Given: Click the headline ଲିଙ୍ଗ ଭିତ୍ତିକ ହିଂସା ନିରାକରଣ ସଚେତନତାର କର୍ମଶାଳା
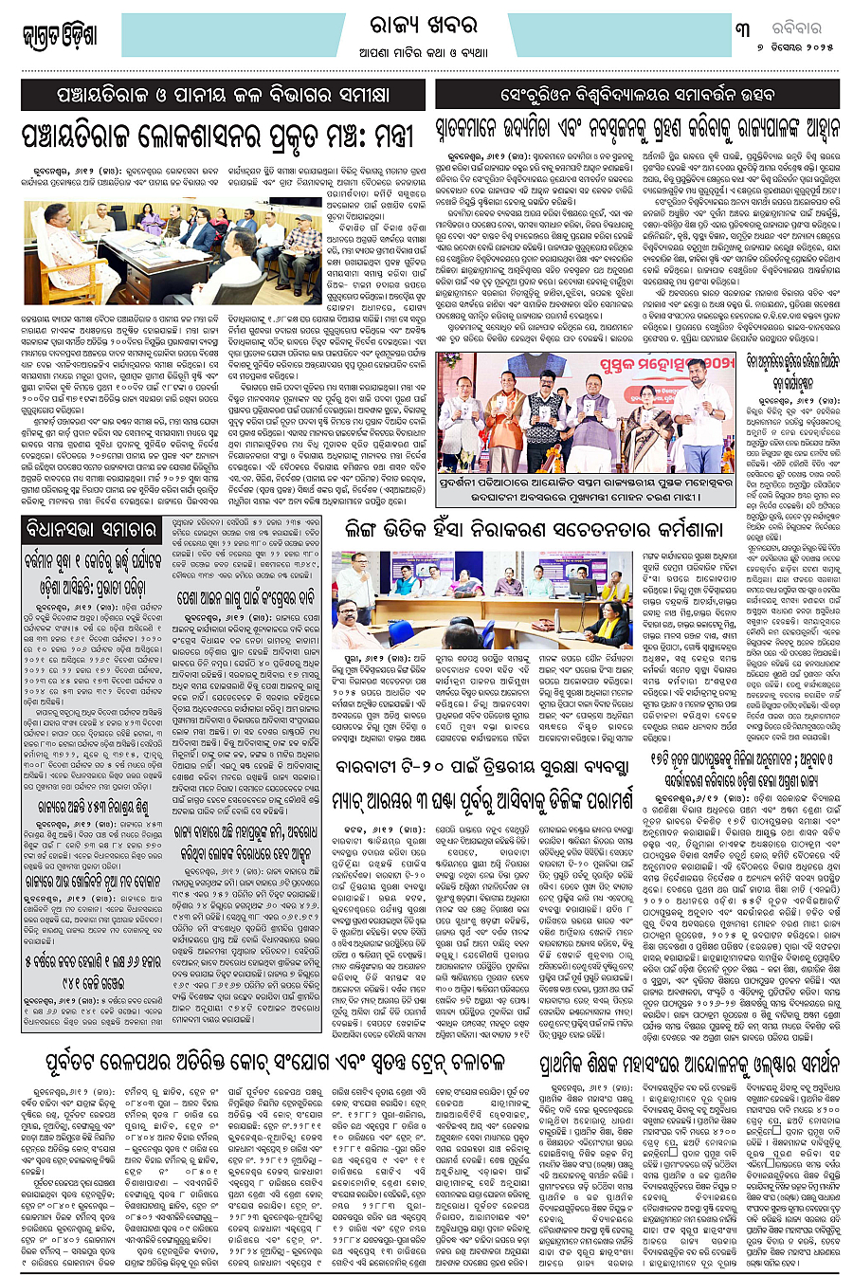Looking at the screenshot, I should tap(533, 530).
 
